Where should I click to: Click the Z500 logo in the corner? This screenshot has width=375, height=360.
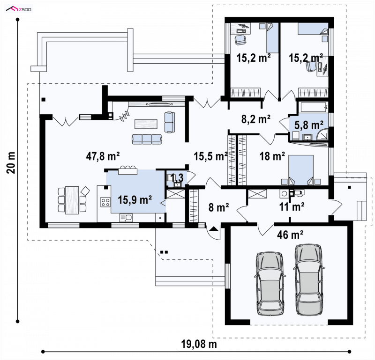point(18,9)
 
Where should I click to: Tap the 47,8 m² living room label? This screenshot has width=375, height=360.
point(103,156)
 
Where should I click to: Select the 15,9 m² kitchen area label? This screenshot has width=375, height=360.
point(135,200)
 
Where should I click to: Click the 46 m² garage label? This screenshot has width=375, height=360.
point(290,235)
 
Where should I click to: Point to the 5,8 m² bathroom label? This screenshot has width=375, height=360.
point(308,125)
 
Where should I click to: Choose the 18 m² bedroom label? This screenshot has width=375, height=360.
point(272,156)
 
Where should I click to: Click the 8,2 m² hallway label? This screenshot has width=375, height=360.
point(256,119)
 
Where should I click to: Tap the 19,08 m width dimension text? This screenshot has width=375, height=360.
point(199,344)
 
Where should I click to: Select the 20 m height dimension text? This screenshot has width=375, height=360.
point(11,163)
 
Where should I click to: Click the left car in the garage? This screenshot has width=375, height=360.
point(270,284)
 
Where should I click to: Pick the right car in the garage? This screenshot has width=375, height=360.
point(308,280)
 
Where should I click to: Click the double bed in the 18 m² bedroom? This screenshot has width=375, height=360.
point(301,170)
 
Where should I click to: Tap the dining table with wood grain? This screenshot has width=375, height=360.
point(72,200)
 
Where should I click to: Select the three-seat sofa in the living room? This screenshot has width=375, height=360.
point(147,139)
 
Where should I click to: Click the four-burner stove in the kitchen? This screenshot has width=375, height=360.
point(105,202)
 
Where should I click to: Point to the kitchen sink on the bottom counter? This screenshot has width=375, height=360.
point(126,218)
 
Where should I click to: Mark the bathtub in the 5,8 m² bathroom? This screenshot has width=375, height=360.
point(313,107)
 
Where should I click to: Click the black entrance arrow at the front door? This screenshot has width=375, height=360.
point(214,229)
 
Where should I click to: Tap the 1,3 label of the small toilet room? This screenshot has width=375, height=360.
point(177,178)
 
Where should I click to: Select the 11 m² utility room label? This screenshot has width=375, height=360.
point(292,206)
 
